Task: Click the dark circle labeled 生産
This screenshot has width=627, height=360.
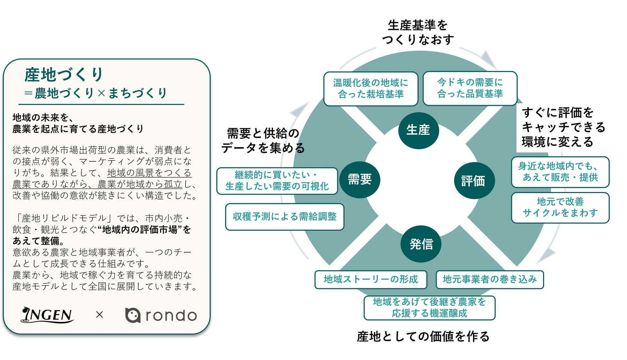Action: pos(418,130)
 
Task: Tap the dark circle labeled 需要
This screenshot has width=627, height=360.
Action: pos(360,180)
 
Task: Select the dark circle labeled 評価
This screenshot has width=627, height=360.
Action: pos(474,180)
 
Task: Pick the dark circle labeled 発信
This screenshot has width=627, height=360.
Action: pos(421,244)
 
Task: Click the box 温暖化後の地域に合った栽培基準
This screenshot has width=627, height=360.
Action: pos(371,89)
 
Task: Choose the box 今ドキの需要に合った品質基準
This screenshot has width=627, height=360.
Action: pos(470,88)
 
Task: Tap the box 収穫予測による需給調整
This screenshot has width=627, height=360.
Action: pos(285,217)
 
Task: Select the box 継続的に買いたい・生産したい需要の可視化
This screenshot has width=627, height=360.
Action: pos(277,181)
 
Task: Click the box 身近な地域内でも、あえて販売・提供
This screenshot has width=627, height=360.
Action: pos(560,172)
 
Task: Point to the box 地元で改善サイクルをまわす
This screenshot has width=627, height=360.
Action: pos(560,208)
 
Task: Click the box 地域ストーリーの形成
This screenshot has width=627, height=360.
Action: pos(371,279)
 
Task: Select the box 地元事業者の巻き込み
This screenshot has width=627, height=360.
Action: pos(489,279)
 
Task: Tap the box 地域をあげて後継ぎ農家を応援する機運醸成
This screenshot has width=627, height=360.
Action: pos(429,308)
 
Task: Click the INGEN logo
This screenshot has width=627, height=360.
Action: pos(48,315)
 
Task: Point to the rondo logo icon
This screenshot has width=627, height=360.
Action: pos(132,315)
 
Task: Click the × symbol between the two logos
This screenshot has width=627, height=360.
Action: pos(100,315)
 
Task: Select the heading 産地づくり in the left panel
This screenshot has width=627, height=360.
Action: pos(64,75)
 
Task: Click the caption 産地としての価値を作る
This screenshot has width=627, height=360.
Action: pos(423,337)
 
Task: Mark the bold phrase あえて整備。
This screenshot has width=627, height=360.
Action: pos(39,241)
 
